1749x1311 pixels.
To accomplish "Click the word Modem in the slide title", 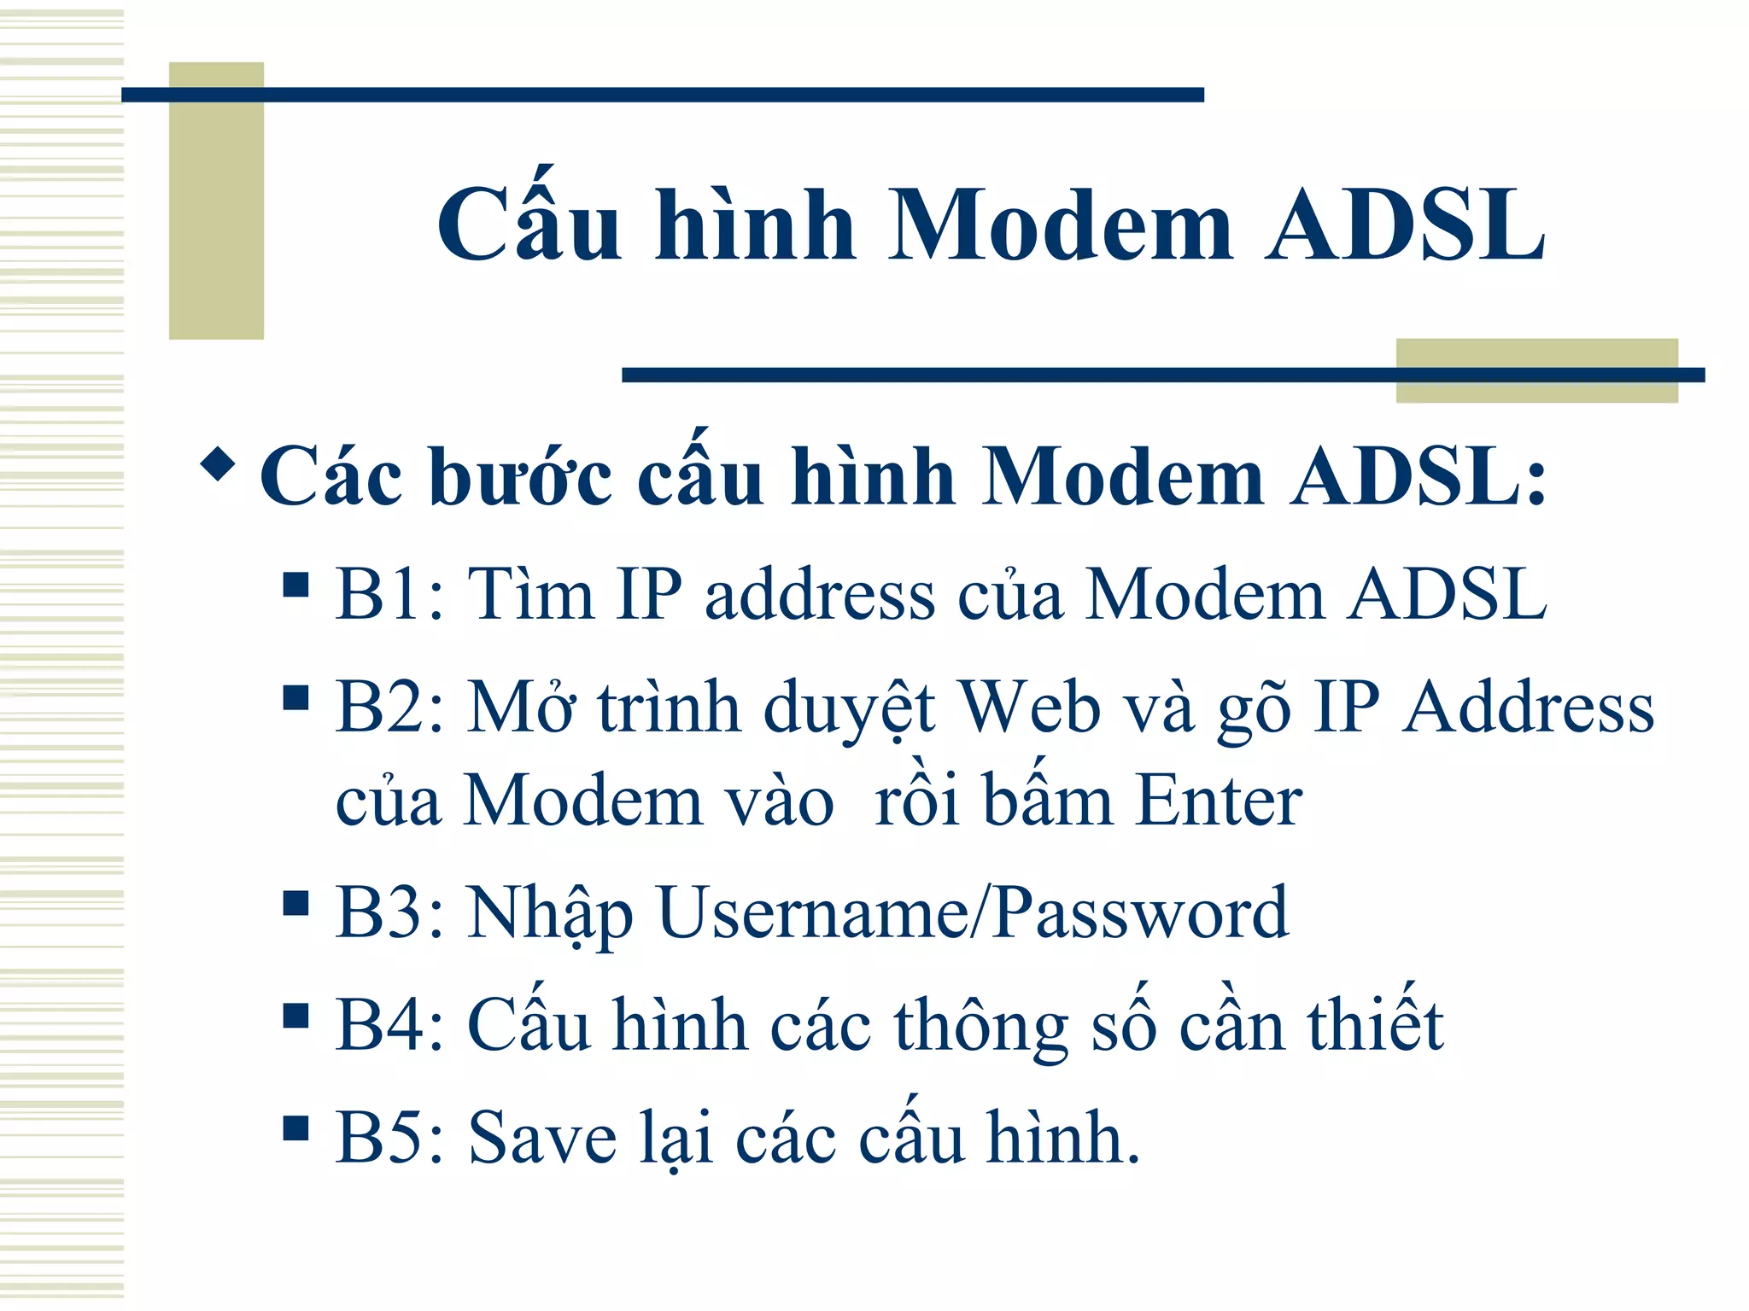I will click(x=1061, y=226).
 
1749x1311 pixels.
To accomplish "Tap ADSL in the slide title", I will click(x=1406, y=226).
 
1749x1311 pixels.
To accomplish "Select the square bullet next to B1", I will click(x=295, y=586).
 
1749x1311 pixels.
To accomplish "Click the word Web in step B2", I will click(x=1029, y=708).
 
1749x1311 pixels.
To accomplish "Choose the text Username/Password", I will click(x=974, y=913).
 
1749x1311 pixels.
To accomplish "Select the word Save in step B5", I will click(x=542, y=1138).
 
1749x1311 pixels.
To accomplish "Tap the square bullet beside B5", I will click(x=295, y=1128).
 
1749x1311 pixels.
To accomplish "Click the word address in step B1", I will click(x=820, y=594).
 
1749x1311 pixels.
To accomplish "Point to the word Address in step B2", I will click(x=1529, y=708).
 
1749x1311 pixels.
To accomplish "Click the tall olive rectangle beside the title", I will click(x=216, y=201).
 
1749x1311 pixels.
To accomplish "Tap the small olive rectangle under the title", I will click(x=1536, y=370).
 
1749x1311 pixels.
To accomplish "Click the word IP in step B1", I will click(x=649, y=594).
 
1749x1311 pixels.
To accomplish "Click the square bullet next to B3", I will click(x=295, y=903).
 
